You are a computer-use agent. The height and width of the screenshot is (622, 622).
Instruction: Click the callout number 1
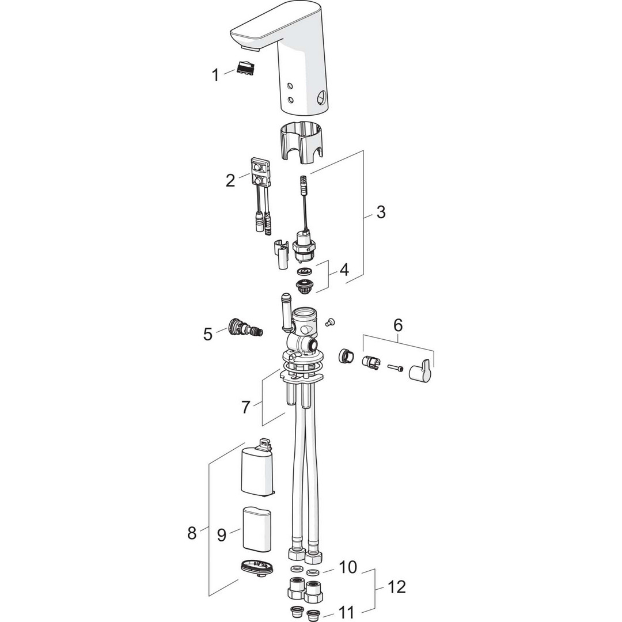pyautogui.click(x=215, y=75)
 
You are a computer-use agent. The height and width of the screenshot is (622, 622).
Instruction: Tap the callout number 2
pyautogui.click(x=230, y=180)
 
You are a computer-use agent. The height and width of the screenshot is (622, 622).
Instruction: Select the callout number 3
pyautogui.click(x=381, y=212)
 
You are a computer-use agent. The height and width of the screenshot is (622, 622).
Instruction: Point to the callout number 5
pyautogui.click(x=208, y=334)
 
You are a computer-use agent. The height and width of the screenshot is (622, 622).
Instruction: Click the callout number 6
pyautogui.click(x=398, y=325)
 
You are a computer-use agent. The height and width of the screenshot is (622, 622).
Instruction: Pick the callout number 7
pyautogui.click(x=246, y=407)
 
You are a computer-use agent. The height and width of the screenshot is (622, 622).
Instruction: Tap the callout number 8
pyautogui.click(x=192, y=533)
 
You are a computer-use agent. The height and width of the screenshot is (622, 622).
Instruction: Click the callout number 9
pyautogui.click(x=222, y=534)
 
